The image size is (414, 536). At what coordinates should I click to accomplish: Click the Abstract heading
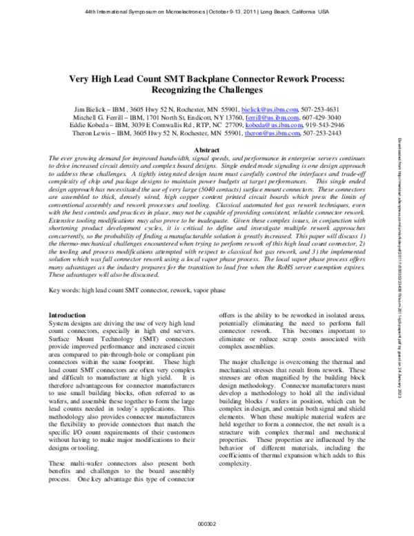click(x=208, y=149)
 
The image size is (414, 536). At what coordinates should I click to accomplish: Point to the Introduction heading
click(x=66, y=314)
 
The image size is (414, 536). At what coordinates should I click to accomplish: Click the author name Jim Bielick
click(x=92, y=108)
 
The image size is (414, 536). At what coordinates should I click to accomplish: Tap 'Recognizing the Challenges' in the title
click(x=208, y=90)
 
